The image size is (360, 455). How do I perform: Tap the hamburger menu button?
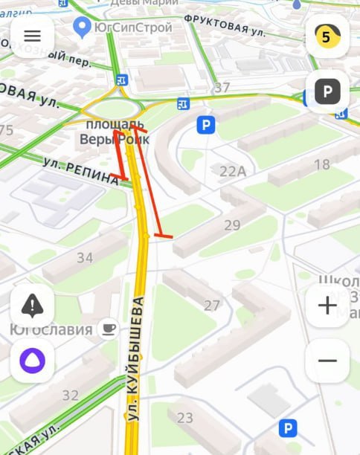tap(32, 36)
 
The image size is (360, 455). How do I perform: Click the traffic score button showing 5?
tap(327, 36)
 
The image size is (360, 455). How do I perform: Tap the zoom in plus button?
tap(327, 306)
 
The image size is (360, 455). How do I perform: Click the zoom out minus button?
tap(327, 361)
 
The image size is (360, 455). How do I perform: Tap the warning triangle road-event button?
tap(32, 306)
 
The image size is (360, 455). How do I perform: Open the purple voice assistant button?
tap(32, 361)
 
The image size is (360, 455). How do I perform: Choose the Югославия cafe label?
tap(51, 329)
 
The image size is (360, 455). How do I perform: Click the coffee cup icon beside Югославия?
tap(109, 327)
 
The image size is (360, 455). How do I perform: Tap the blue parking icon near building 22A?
tap(205, 124)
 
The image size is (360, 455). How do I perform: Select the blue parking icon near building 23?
tap(287, 427)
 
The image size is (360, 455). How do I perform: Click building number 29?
tap(232, 225)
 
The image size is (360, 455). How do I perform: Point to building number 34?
tap(85, 258)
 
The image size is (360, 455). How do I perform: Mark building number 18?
tap(322, 164)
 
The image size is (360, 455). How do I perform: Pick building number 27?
tap(212, 305)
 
